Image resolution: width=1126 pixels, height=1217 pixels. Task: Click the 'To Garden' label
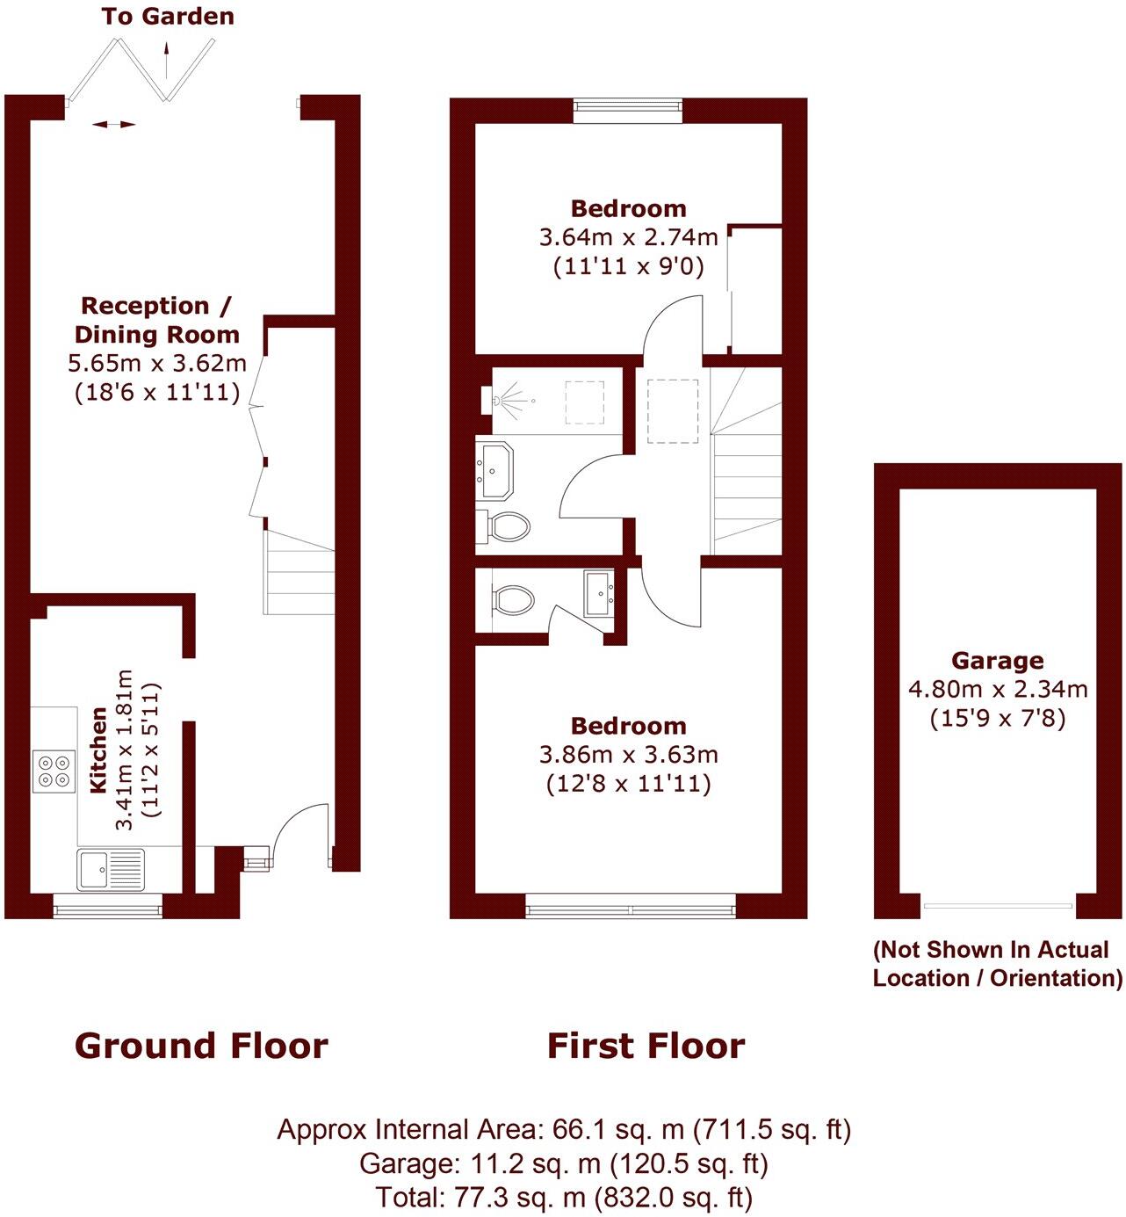[167, 16]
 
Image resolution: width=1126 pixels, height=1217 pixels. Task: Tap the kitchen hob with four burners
[54, 771]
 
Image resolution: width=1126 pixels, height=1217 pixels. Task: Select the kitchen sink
[110, 869]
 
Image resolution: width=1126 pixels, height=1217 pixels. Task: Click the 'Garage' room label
[997, 660]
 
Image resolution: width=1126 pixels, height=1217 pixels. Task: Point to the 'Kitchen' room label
[99, 749]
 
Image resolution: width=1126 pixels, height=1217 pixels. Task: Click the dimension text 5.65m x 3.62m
[156, 363]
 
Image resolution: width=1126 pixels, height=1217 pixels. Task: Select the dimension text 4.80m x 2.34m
[997, 689]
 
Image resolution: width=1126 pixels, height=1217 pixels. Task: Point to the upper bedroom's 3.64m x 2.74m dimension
[628, 237]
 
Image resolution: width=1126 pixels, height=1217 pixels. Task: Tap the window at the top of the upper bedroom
[627, 108]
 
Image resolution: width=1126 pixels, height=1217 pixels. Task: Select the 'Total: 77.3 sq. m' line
[563, 1197]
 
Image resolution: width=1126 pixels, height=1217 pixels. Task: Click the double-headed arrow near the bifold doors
[114, 125]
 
